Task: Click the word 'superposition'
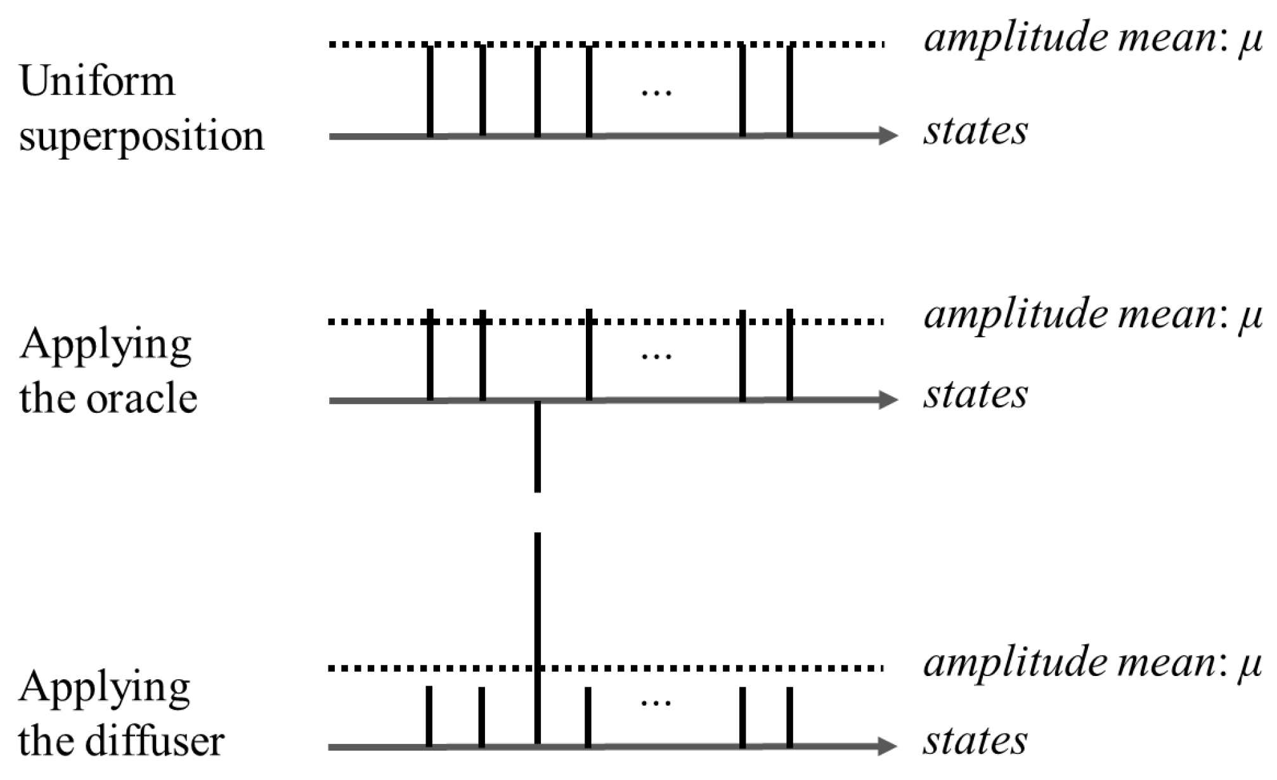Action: tap(141, 136)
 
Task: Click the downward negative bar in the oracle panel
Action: tap(538, 446)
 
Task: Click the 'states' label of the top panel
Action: tap(975, 131)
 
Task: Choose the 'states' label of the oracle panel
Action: tap(975, 394)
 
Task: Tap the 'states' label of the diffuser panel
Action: tap(975, 741)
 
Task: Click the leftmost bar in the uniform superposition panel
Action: tap(430, 91)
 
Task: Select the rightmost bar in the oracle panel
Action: tap(789, 355)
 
